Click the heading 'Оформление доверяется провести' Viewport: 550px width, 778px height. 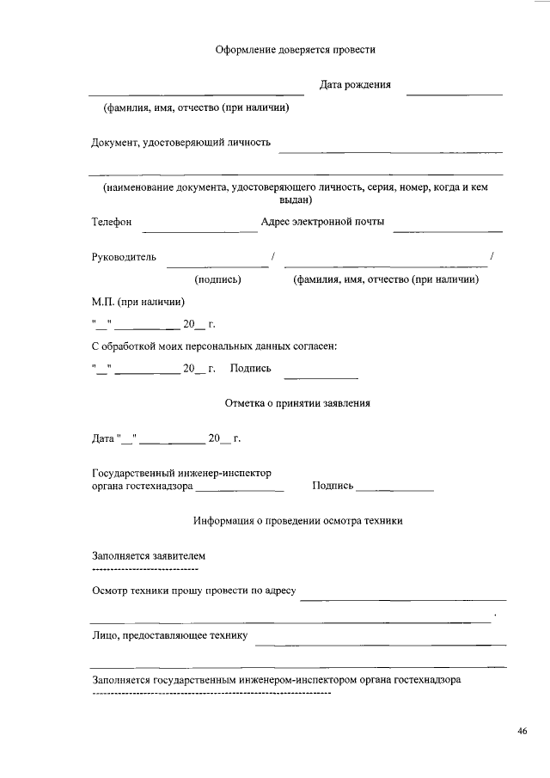pyautogui.click(x=295, y=51)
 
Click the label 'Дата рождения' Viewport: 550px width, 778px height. pyautogui.click(x=355, y=85)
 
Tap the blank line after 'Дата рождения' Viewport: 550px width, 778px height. pyautogui.click(x=454, y=93)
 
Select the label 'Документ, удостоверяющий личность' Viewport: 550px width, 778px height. pyautogui.click(x=181, y=143)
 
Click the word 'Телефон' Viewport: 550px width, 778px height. pyautogui.click(x=112, y=223)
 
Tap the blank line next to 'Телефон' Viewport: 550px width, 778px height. pyautogui.click(x=199, y=230)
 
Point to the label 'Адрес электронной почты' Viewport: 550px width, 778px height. pyautogui.click(x=322, y=223)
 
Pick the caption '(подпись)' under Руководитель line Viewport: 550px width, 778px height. pyautogui.click(x=217, y=279)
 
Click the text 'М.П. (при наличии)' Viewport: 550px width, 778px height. pyautogui.click(x=137, y=302)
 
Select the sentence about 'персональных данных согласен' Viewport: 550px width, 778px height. pyautogui.click(x=214, y=346)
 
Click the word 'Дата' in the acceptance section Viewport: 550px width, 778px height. pyautogui.click(x=102, y=438)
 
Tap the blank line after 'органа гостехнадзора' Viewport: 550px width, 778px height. pyautogui.click(x=239, y=491)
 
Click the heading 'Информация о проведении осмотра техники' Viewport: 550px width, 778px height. pyautogui.click(x=297, y=521)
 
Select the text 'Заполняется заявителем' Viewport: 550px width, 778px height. pyautogui.click(x=149, y=556)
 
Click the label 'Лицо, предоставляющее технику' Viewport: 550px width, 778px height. pyautogui.click(x=170, y=636)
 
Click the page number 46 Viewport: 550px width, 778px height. pyautogui.click(x=522, y=732)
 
